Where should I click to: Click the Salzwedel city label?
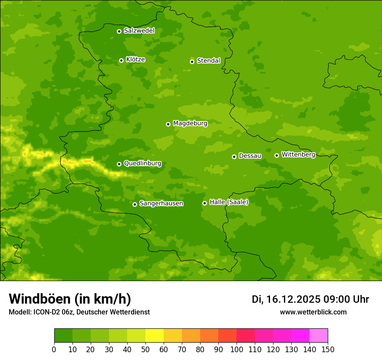point(139,31)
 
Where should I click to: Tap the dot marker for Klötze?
point(121,60)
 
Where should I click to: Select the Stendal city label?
point(208,61)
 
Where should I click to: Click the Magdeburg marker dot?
point(168,124)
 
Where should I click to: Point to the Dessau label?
point(250,156)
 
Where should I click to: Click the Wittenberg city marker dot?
point(277,155)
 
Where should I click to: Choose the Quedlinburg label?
point(142,164)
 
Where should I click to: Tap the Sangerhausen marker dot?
point(135,204)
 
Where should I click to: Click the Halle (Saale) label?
point(229,202)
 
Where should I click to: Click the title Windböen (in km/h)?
point(69,299)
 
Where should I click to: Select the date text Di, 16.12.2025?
point(286,299)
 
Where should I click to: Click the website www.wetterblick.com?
point(313,312)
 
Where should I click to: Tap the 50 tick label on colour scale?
point(145,349)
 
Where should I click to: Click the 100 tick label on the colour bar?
point(237,349)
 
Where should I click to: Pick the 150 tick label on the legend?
point(328,349)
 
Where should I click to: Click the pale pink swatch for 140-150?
point(319,336)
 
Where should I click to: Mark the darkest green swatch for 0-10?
point(63,336)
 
